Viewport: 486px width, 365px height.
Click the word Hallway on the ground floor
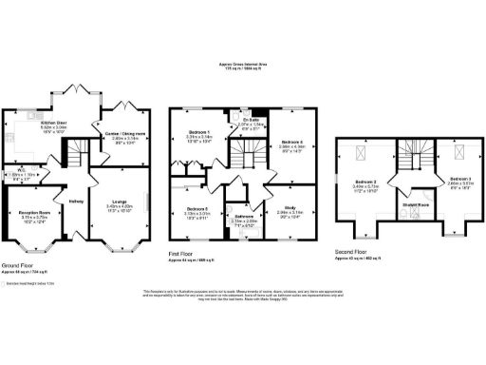tap(77, 200)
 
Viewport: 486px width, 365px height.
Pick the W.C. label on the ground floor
tap(20, 172)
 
